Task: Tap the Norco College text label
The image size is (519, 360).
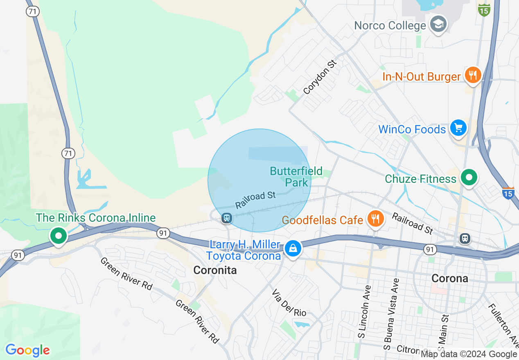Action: coord(390,26)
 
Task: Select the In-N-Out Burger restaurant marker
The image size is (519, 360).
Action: coord(473,76)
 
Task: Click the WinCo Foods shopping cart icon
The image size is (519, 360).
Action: coord(458,128)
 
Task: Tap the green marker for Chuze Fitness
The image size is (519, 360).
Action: coord(469,178)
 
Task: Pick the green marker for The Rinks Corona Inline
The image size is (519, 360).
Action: coord(59,236)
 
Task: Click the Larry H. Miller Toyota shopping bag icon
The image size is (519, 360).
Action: coord(293,248)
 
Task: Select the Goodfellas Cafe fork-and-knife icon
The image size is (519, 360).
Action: coord(375,219)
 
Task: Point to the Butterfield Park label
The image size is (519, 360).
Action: coord(296,176)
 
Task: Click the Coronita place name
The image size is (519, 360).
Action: coord(215,270)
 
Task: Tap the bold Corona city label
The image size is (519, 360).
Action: coord(449,279)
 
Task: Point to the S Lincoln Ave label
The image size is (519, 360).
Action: coord(361,312)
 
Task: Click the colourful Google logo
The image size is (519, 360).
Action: coord(28,350)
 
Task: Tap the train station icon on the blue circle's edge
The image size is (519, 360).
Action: coord(226,218)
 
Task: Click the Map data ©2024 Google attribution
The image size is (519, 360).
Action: coord(469,354)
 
